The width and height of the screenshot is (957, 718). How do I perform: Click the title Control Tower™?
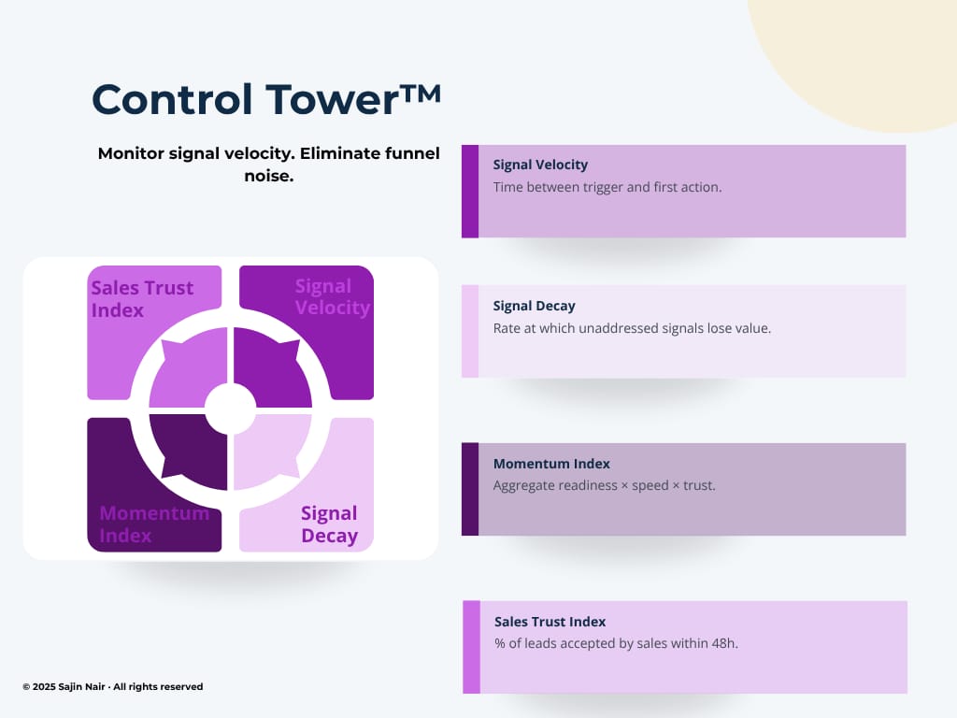(266, 99)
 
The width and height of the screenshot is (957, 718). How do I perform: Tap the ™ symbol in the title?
(421, 94)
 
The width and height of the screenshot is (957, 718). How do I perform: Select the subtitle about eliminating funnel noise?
(268, 165)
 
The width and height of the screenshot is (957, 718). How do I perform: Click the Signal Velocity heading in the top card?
(540, 165)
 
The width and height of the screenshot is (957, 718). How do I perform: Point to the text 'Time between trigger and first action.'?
(607, 187)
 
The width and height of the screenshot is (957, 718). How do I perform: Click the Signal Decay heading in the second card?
(534, 306)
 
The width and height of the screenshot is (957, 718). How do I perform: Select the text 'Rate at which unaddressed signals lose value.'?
(632, 328)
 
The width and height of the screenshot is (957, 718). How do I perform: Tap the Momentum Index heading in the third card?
(551, 464)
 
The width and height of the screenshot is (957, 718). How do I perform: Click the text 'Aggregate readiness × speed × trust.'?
(605, 485)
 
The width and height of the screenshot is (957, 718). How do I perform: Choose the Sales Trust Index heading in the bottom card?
(550, 622)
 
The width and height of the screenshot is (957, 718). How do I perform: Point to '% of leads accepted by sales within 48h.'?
(616, 643)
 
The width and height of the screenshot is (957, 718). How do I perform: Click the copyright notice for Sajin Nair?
(113, 686)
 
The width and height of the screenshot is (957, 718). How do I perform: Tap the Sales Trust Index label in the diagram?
(142, 298)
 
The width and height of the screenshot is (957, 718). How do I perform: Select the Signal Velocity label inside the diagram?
(333, 296)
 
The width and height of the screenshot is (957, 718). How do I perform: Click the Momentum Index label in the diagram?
(154, 524)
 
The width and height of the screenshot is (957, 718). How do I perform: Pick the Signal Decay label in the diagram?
(330, 524)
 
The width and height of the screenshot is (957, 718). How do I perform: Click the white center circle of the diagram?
(230, 409)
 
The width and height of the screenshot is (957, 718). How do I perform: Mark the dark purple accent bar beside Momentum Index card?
(470, 489)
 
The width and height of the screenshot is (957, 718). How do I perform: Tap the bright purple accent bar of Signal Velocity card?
(470, 191)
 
